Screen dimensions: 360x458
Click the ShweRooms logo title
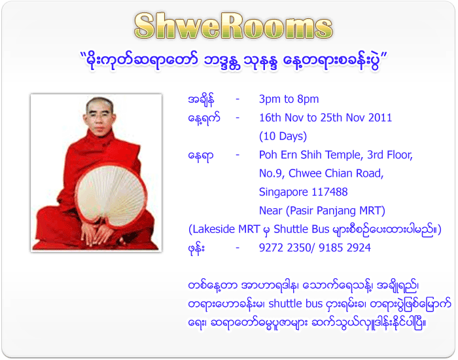(233, 26)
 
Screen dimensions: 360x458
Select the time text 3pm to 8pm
(289, 99)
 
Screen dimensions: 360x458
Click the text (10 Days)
(283, 137)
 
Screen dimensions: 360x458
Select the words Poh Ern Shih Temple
(310, 155)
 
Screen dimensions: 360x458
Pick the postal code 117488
(326, 192)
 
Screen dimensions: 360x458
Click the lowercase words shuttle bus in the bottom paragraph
(296, 304)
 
